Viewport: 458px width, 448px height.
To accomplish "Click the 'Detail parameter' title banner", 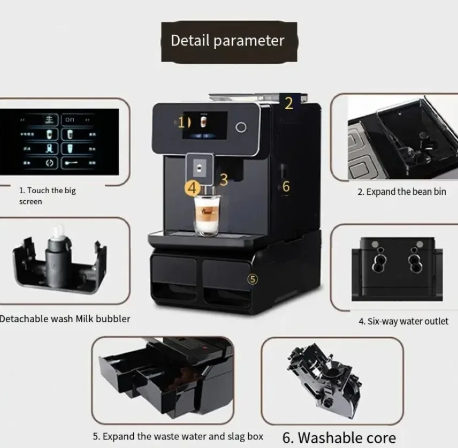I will coord(229,41).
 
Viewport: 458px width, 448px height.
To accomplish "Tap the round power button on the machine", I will coord(242,127).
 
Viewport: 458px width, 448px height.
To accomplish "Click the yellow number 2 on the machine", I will coord(289,103).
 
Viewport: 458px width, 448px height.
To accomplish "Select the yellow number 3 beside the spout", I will coord(224,180).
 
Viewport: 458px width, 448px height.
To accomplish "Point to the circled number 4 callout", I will coord(193,188).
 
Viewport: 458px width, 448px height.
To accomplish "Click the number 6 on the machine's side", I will coord(286,186).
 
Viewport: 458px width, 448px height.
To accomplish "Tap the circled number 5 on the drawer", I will coord(253,279).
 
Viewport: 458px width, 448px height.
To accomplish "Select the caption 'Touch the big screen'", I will coord(47,196).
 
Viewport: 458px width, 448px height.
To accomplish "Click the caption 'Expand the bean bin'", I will coord(401,192).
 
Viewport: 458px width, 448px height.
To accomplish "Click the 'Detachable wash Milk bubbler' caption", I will coord(64,318).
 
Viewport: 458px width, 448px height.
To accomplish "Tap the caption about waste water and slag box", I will coord(178,436).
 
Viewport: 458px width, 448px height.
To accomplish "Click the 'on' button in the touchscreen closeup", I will coord(70,119).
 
